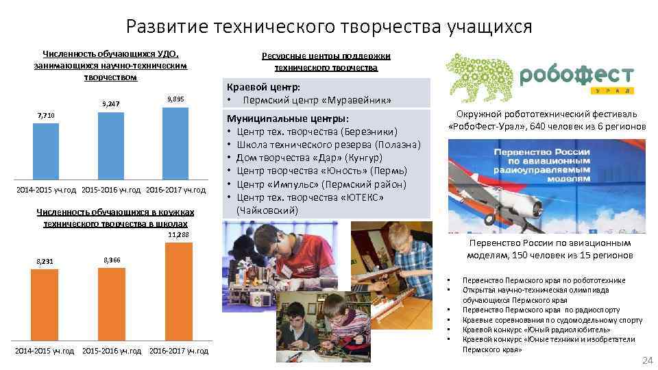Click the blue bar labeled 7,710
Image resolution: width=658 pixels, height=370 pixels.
[46, 151]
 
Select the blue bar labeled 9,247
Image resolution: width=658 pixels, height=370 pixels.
[111, 146]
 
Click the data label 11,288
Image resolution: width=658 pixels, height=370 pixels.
[178, 236]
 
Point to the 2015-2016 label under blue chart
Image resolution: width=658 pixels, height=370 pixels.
[112, 189]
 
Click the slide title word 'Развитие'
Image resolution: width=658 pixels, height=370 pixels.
[167, 27]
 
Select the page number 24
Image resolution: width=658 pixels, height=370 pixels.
[645, 360]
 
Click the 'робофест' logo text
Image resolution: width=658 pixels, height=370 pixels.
[577, 75]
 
